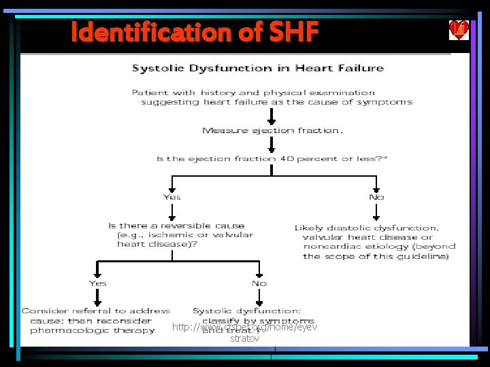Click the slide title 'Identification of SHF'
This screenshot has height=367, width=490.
[194, 32]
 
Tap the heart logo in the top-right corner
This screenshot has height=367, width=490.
[459, 31]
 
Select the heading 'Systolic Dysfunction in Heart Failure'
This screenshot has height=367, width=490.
[257, 68]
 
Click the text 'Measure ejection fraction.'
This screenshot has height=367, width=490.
[272, 130]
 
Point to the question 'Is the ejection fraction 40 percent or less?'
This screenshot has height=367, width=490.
[272, 158]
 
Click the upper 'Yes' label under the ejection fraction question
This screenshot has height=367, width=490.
[172, 197]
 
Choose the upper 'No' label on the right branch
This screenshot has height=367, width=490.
[376, 197]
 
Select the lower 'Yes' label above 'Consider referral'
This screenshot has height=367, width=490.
[97, 283]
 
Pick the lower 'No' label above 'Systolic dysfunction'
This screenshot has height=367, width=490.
[259, 283]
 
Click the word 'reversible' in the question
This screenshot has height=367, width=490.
[178, 225]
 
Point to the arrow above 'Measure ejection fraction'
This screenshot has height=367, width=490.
[272, 116]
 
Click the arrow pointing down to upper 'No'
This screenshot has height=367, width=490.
[376, 183]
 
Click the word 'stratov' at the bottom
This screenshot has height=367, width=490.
[244, 338]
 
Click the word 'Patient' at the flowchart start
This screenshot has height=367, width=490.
[150, 92]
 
